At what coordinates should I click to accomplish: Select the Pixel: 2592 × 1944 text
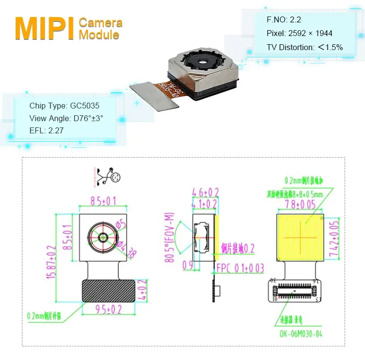click(299, 34)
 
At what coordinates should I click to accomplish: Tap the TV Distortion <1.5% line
click(305, 47)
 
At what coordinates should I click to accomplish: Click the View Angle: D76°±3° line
click(66, 118)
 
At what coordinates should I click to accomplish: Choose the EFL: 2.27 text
click(46, 130)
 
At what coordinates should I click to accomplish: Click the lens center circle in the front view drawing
click(104, 237)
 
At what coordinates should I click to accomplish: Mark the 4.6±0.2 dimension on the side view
click(205, 192)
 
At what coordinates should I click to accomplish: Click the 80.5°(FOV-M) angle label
click(170, 236)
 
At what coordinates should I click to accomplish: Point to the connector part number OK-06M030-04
click(300, 334)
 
